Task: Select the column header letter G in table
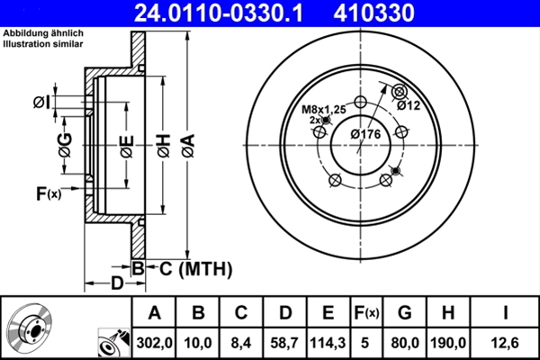pyautogui.click(x=404, y=313)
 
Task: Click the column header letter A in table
pyautogui.click(x=154, y=313)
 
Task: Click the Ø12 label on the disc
pyautogui.click(x=409, y=105)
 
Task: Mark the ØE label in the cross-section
pyautogui.click(x=127, y=145)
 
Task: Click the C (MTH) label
pyautogui.click(x=196, y=267)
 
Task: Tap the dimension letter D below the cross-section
pyautogui.click(x=117, y=283)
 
